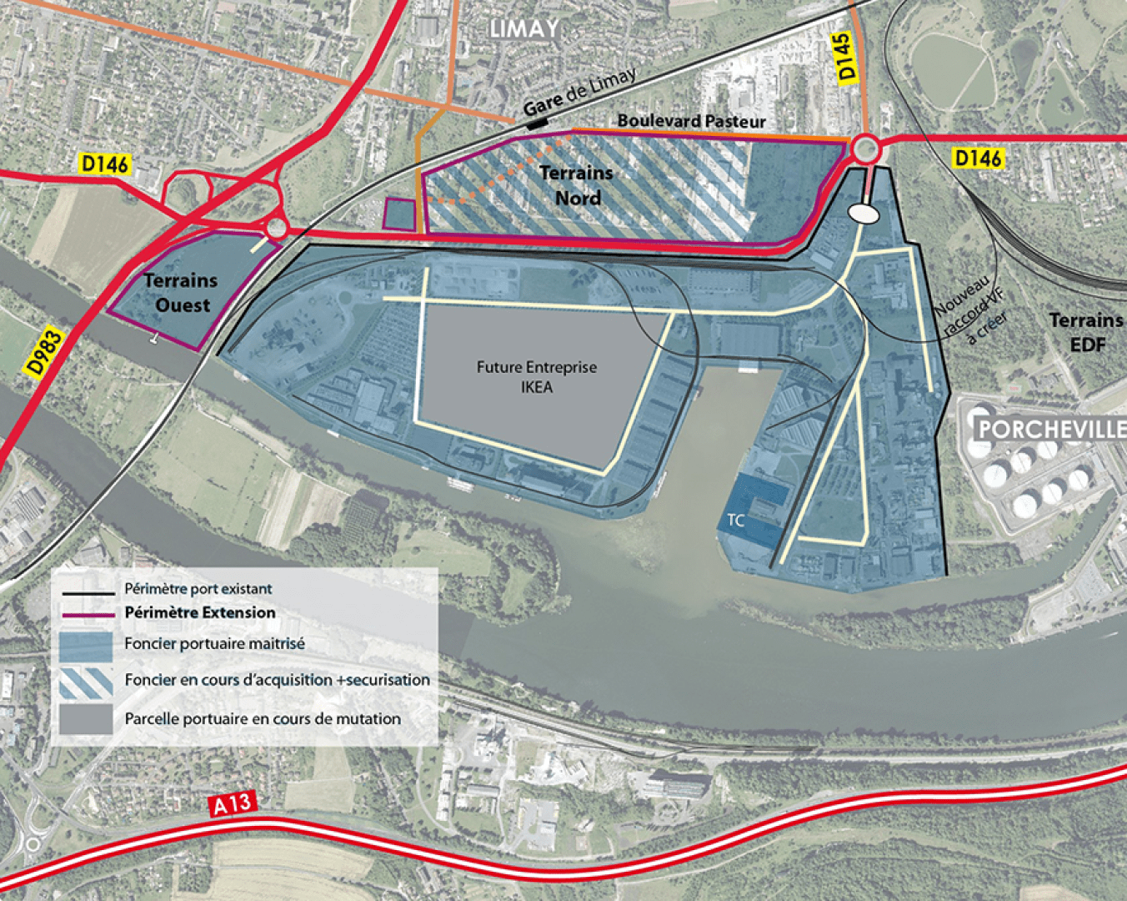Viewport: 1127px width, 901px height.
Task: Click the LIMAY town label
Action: coord(523,29)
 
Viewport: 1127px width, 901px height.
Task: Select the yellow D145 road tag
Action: coord(845,57)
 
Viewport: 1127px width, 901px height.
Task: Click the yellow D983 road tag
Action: coord(44,352)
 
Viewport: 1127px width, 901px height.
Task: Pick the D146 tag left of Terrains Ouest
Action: coord(105,164)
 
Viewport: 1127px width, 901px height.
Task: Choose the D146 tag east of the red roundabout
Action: coord(978,158)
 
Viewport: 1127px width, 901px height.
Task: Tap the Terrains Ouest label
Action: coord(181,293)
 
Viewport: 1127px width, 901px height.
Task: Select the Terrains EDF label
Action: coord(1086,331)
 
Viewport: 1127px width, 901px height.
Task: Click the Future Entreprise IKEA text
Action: coord(537,377)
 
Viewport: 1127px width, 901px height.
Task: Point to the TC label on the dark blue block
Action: coord(735,521)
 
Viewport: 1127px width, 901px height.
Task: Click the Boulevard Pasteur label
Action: coord(691,121)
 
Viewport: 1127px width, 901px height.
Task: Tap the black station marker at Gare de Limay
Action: coord(538,123)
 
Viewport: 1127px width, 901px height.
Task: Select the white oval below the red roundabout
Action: coord(864,214)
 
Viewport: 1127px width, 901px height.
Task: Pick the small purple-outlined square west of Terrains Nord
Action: coord(399,214)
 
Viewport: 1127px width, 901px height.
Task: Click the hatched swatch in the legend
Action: coord(86,682)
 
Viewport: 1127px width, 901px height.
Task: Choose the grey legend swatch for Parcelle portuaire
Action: coord(86,719)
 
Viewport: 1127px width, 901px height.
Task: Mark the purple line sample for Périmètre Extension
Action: coord(88,613)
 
